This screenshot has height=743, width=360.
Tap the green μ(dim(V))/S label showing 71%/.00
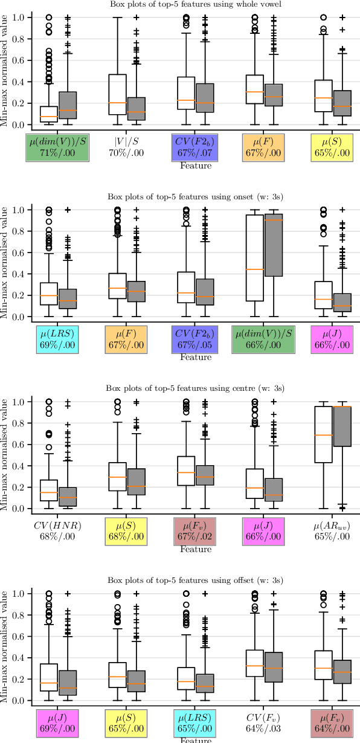click(57, 147)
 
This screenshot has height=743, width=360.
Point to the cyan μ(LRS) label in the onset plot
click(57, 339)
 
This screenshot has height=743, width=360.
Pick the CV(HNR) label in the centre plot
click(57, 530)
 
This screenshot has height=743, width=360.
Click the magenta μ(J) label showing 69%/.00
click(57, 722)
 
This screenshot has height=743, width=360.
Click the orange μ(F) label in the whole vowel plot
click(264, 147)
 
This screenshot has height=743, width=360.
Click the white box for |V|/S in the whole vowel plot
click(117, 94)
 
